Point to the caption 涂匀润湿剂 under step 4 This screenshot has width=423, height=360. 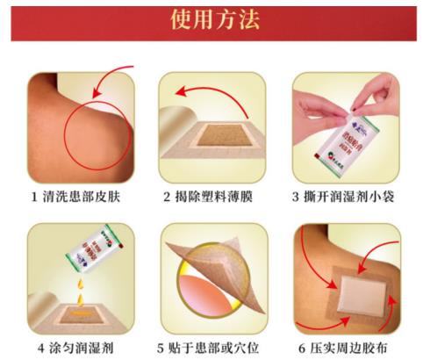point(84,347)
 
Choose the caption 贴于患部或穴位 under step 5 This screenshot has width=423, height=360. point(219,347)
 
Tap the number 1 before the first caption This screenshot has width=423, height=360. point(31,196)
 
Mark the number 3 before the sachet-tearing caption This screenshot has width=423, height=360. point(297,196)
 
